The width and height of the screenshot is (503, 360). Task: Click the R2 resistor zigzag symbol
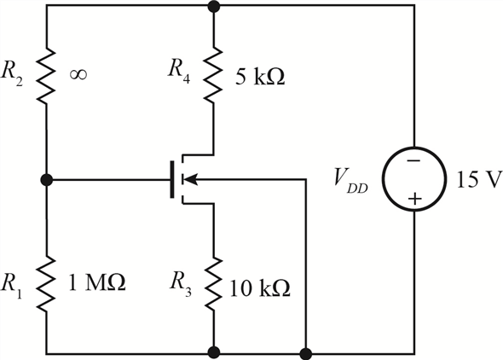[47, 76]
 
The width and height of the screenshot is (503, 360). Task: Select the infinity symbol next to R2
[78, 75]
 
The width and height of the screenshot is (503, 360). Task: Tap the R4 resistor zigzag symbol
[213, 75]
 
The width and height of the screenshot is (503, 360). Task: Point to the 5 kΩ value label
[260, 77]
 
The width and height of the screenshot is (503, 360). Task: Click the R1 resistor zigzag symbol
[47, 283]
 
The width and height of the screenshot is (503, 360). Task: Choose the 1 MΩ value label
[97, 282]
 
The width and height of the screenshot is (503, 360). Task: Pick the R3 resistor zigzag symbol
[213, 283]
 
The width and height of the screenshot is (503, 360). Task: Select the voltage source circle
[414, 179]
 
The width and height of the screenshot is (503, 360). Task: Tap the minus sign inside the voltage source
[414, 160]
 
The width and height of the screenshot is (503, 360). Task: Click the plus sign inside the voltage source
[415, 199]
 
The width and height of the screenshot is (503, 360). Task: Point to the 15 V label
[479, 179]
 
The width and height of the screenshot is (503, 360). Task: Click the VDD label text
[350, 182]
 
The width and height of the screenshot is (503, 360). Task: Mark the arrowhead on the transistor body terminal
[189, 179]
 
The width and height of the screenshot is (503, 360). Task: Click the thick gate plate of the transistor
[172, 179]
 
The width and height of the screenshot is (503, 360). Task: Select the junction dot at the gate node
[47, 180]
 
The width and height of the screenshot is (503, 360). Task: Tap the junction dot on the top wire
[214, 6]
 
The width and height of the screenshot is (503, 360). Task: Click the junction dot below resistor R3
[214, 352]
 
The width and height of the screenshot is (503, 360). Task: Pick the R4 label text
[179, 71]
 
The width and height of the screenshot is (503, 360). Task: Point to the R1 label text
[12, 286]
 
